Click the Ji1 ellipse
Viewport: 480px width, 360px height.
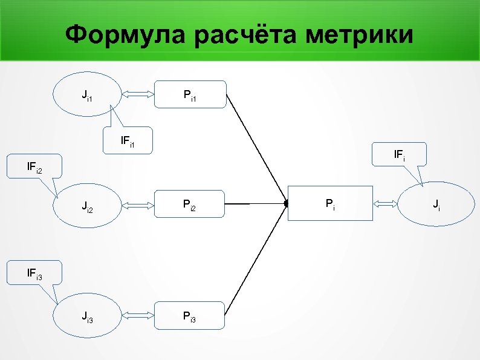[87, 94]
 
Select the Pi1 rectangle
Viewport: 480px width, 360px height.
[190, 94]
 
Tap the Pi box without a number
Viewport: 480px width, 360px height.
[330, 204]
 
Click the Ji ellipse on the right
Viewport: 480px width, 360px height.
[436, 205]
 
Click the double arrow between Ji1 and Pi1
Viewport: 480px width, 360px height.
[138, 94]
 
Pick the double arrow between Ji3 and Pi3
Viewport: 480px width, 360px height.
[138, 315]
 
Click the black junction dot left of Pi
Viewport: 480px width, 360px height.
[286, 205]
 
